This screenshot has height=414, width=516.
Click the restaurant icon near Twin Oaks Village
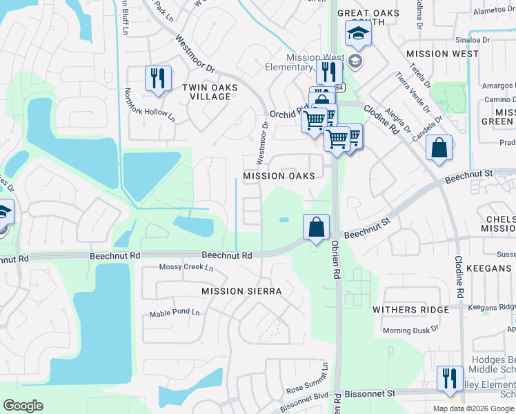(158, 78)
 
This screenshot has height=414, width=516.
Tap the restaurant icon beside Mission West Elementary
(329, 71)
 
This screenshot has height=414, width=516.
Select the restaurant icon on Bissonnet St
(450, 378)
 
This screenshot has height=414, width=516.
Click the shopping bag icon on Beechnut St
(316, 226)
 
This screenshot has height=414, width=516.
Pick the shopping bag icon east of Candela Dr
(439, 147)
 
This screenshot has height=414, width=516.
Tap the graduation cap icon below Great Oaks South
(358, 33)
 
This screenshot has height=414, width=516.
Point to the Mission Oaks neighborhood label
(279, 176)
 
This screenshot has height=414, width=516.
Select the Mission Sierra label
(241, 291)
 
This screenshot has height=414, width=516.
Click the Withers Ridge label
(410, 310)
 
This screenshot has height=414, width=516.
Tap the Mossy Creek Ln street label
(183, 267)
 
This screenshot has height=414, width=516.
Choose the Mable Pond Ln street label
(175, 314)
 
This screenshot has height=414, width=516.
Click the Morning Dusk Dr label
(411, 331)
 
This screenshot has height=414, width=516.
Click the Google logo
(23, 406)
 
